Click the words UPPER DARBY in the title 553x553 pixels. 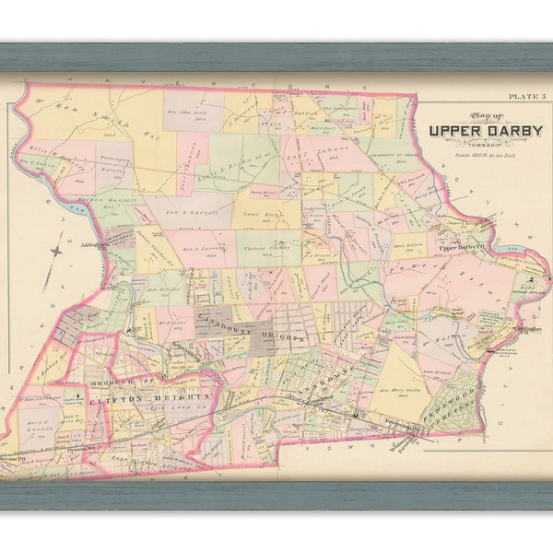(x=485, y=129)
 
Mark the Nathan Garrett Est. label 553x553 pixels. (x=114, y=201)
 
